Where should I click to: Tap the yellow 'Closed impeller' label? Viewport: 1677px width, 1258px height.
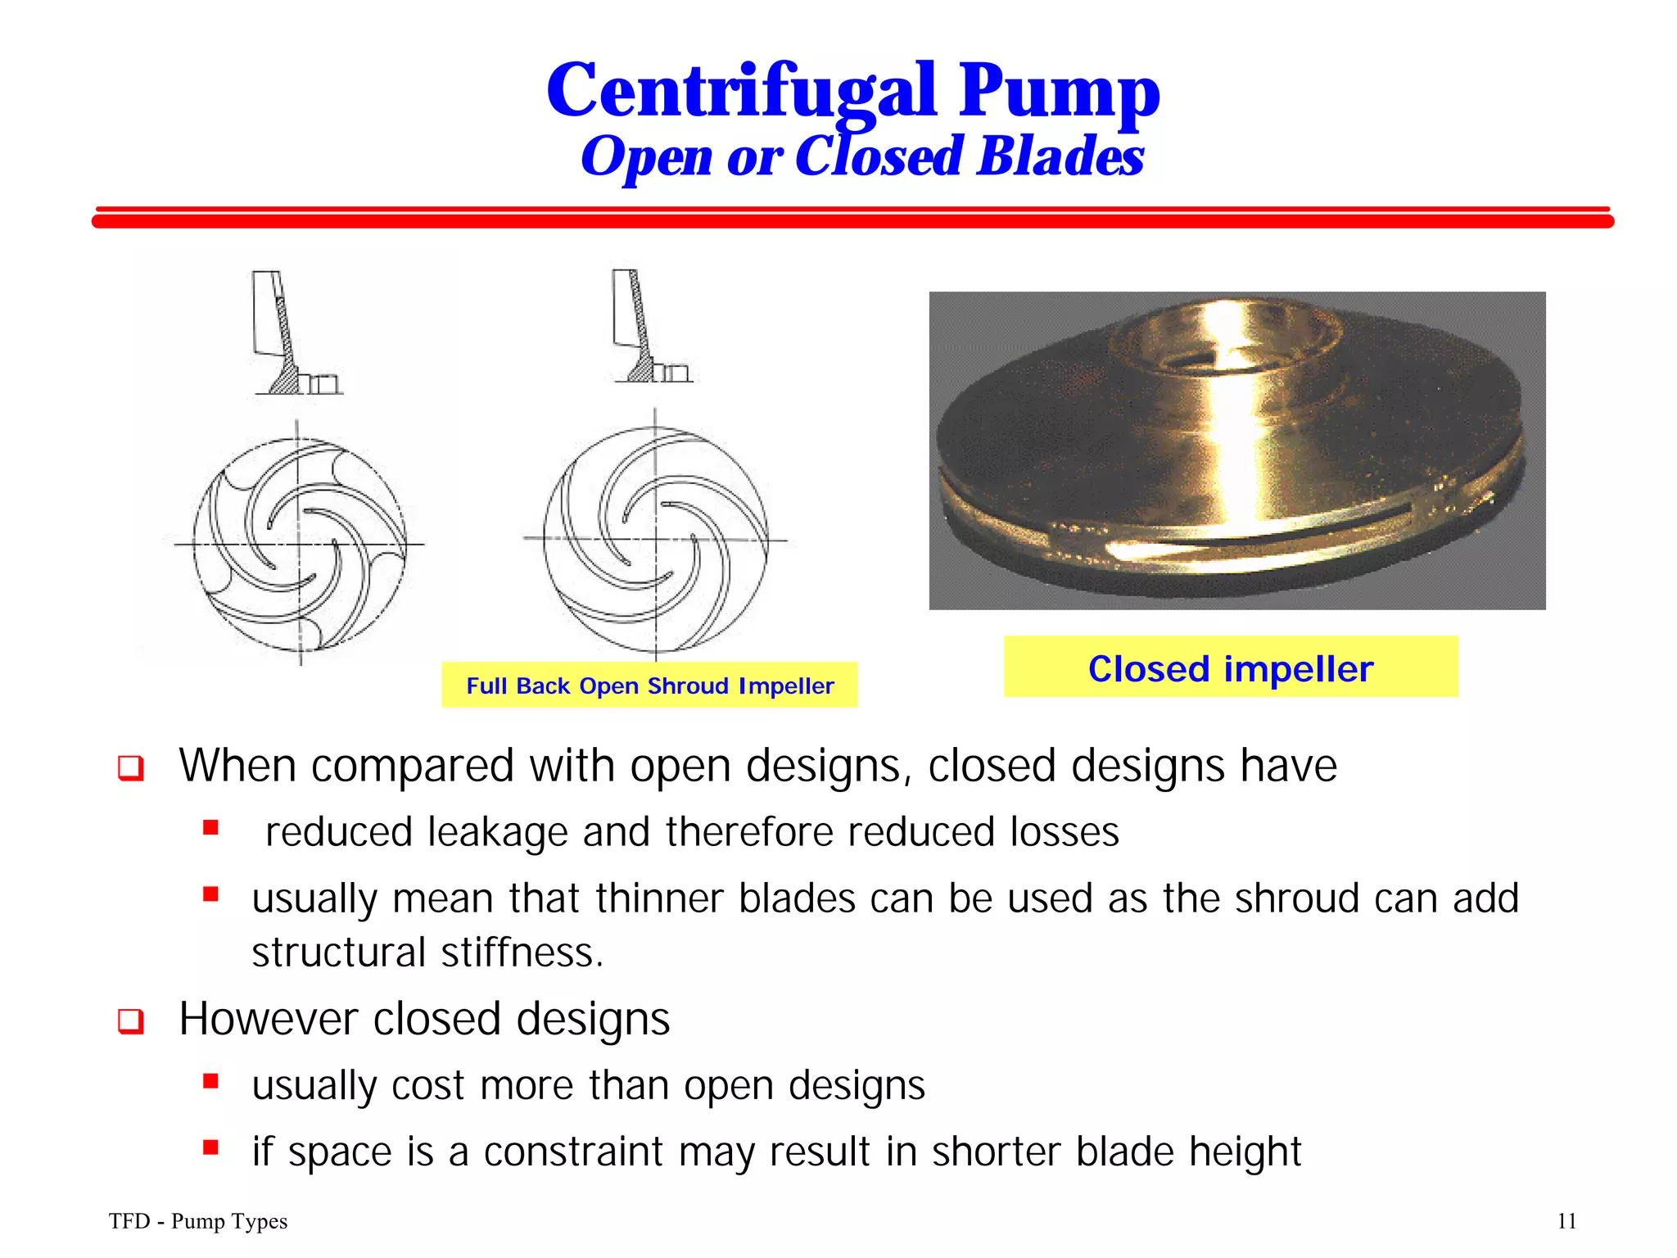pos(1230,667)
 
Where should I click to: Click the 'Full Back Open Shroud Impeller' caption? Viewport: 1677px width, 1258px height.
pos(649,686)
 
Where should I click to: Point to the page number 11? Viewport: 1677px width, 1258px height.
pos(1566,1221)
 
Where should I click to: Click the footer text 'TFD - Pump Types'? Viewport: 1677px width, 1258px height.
pos(198,1221)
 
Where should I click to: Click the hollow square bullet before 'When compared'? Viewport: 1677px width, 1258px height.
pos(131,768)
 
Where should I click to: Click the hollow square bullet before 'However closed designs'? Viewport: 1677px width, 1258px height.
pos(131,1021)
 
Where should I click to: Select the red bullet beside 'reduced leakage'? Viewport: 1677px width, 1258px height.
pos(211,828)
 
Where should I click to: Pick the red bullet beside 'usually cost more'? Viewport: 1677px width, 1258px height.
pos(211,1082)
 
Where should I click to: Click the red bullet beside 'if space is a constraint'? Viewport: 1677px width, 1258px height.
pos(211,1147)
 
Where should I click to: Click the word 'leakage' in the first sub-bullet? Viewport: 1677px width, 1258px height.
pos(498,832)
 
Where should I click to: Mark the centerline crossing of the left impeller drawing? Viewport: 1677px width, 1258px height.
pos(299,544)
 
